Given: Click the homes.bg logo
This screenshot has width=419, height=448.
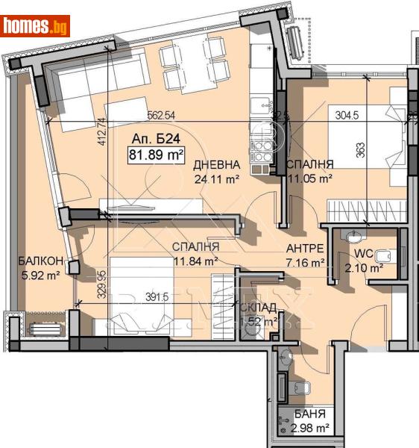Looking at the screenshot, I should (x=36, y=26).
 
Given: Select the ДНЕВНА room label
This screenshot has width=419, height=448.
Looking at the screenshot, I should (x=217, y=165).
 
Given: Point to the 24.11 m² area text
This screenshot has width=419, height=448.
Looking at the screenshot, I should (x=216, y=179).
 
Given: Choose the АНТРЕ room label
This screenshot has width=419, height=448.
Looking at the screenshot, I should (x=306, y=249).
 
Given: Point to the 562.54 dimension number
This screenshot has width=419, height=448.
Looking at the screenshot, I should (x=160, y=115).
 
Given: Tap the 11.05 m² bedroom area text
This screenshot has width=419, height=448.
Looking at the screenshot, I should (x=309, y=178).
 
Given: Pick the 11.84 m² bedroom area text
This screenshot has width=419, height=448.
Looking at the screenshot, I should (x=195, y=261).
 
